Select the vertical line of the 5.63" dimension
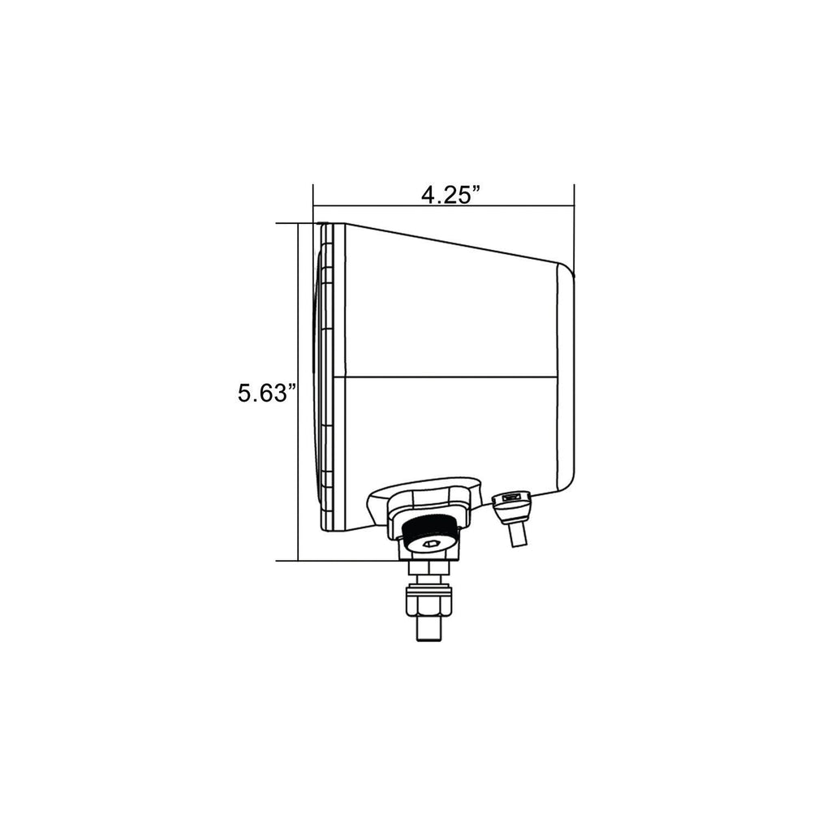(299, 325)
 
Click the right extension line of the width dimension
(575, 227)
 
